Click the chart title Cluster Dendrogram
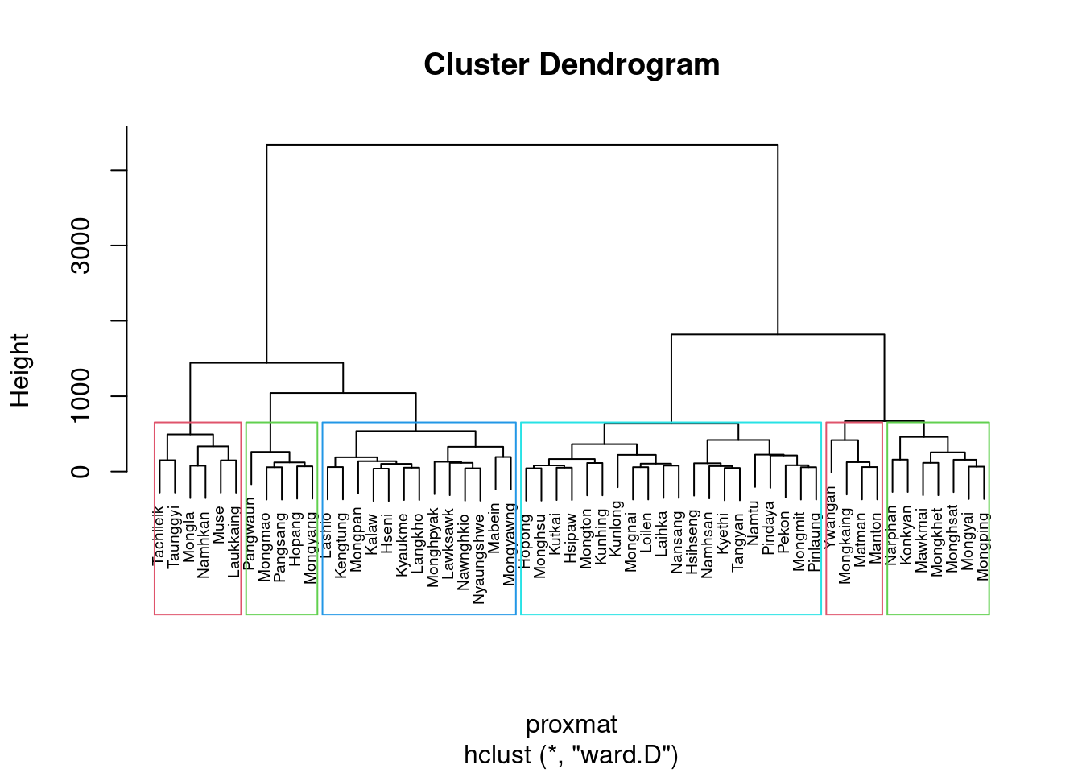point(572,65)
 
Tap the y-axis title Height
point(19,370)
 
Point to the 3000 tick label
point(81,246)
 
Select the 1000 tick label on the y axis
point(81,396)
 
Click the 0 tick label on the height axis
point(81,471)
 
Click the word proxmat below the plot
point(571,725)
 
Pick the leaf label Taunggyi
point(175,536)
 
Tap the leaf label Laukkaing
point(235,541)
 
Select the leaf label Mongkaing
point(846,545)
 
